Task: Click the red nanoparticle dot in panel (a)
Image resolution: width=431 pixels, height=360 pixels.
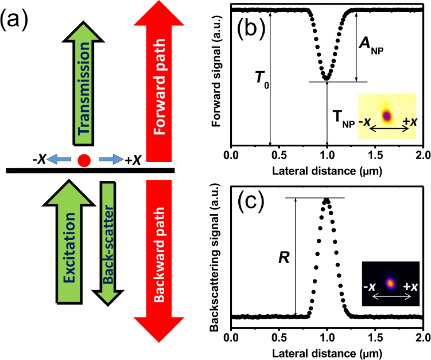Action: tap(84, 160)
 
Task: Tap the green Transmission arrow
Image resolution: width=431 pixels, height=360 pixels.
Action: tap(84, 83)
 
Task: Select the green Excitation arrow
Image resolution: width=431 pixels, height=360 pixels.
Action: tap(69, 242)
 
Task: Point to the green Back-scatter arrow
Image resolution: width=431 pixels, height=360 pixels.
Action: tap(108, 243)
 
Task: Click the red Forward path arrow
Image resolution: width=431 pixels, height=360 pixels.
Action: tap(159, 81)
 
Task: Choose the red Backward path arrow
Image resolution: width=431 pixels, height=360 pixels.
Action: tap(159, 261)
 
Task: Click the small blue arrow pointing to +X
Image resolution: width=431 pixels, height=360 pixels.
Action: tap(111, 159)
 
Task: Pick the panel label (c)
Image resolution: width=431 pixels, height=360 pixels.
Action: tap(251, 202)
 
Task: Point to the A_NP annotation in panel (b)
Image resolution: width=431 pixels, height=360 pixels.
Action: tap(371, 45)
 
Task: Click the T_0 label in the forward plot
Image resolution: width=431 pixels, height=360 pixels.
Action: tap(262, 80)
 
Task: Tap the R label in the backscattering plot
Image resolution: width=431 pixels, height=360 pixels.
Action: tap(284, 258)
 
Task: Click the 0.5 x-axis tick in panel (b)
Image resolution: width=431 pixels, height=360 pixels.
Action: tap(279, 156)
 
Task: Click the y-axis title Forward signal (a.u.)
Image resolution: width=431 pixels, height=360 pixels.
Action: tap(216, 71)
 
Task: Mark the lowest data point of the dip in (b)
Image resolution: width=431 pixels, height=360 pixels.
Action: tap(327, 79)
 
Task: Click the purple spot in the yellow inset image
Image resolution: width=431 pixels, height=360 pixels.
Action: tap(387, 116)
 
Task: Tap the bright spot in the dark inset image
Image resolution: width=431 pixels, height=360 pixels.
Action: tap(390, 283)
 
